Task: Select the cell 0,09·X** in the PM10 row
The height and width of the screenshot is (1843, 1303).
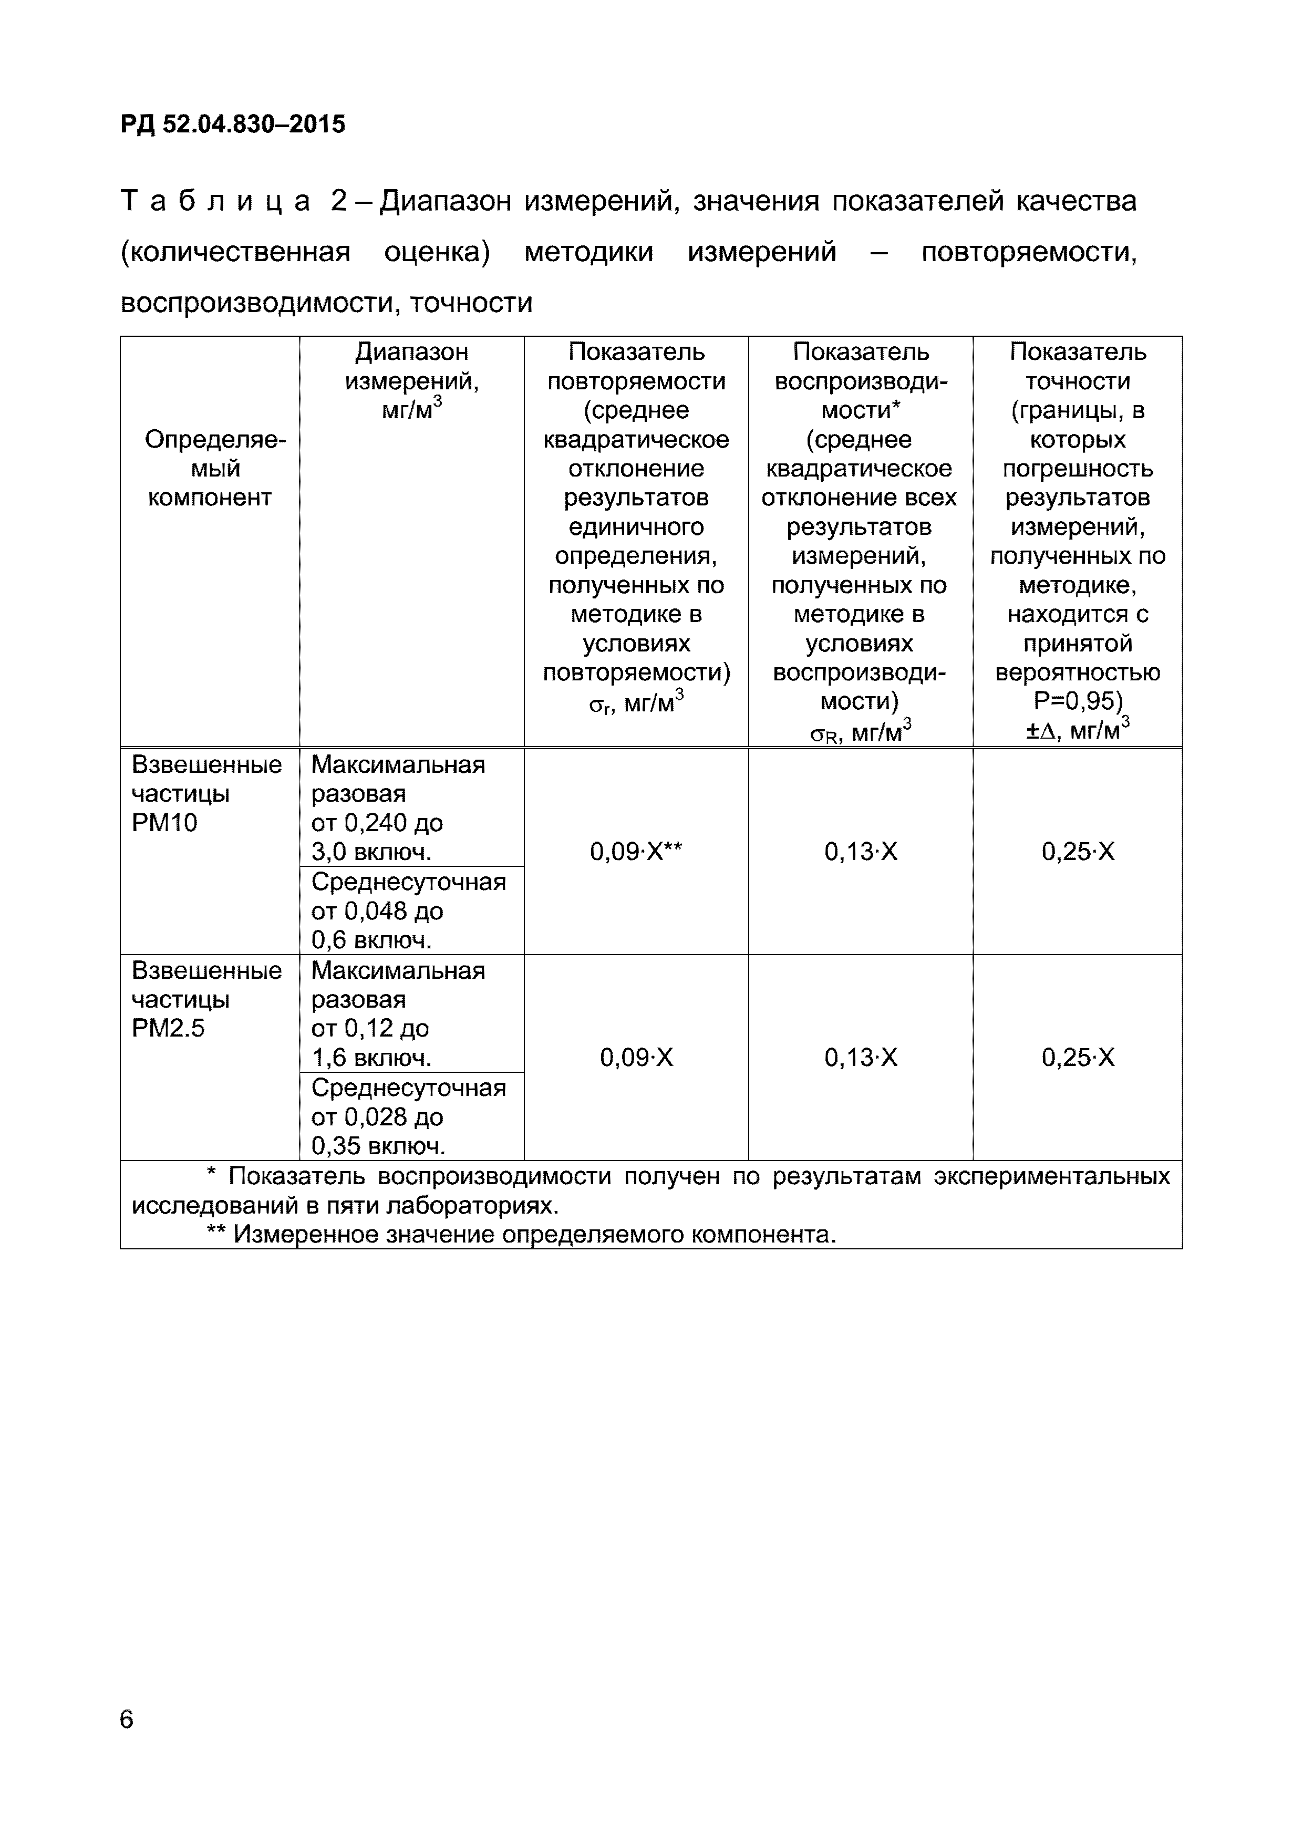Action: [x=636, y=852]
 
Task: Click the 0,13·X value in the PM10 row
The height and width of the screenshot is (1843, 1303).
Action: [x=861, y=852]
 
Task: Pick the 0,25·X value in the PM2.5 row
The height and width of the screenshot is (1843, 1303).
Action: [x=1078, y=1057]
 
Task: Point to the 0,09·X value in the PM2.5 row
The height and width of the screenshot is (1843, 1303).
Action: [x=636, y=1057]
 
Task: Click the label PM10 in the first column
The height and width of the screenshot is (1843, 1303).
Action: [x=164, y=823]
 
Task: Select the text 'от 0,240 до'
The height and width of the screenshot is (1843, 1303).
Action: [x=377, y=823]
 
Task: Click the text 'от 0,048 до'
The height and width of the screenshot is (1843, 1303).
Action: [x=377, y=911]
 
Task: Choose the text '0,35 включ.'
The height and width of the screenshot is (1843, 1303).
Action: [x=377, y=1145]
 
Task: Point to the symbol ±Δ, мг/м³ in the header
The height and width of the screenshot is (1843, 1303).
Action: [x=1078, y=730]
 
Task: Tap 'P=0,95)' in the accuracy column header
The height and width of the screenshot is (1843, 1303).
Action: [x=1078, y=701]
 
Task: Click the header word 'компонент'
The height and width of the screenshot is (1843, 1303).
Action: [x=210, y=498]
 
